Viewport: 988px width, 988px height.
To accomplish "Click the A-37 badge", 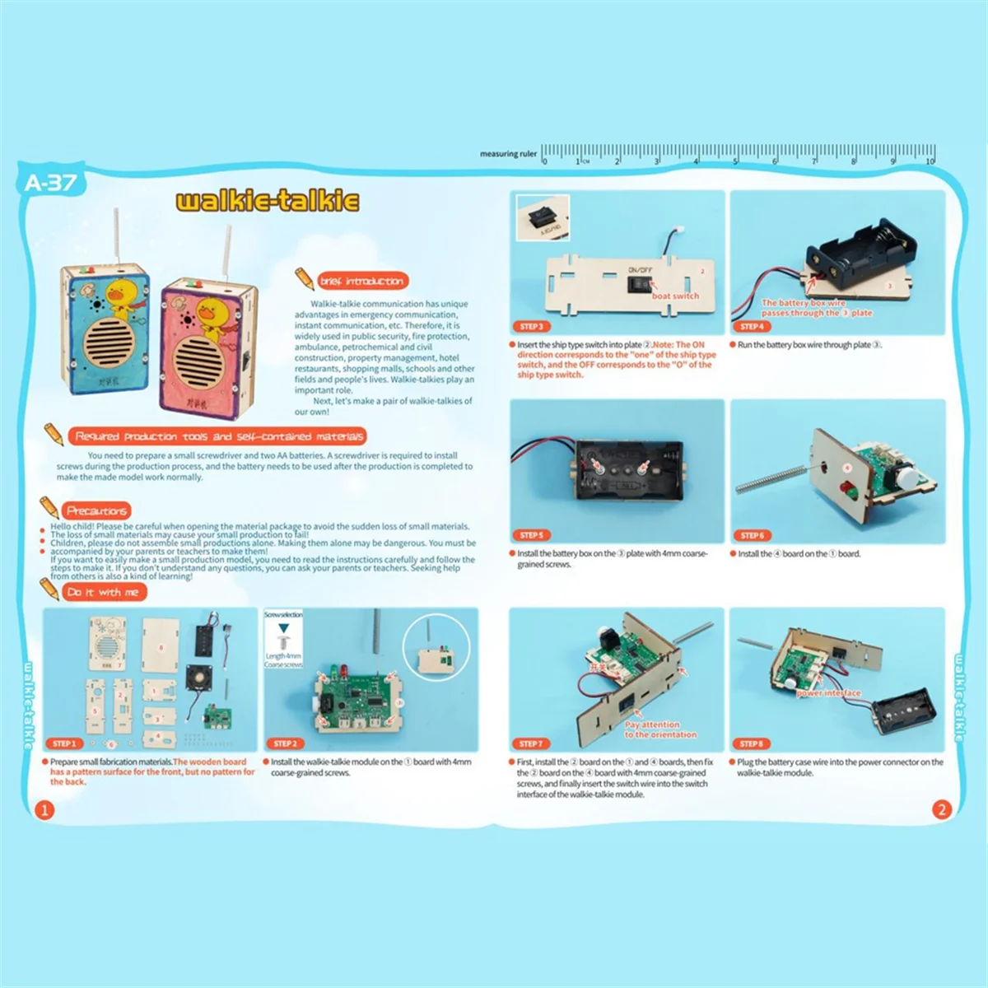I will click(x=50, y=183).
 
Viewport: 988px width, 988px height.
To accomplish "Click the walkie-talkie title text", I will click(x=268, y=201).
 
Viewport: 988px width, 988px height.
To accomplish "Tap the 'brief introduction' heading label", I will click(x=361, y=282).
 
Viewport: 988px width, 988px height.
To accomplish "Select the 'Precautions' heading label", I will click(x=96, y=510).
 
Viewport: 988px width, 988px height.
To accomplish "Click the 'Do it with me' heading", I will click(x=103, y=592).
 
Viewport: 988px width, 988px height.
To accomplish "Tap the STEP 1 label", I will click(x=63, y=743).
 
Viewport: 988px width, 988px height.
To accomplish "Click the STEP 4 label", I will click(x=752, y=327).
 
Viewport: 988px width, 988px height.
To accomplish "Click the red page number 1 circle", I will click(x=44, y=809).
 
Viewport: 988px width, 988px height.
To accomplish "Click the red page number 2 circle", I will click(x=942, y=809).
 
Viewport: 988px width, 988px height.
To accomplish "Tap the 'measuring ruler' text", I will click(x=508, y=154).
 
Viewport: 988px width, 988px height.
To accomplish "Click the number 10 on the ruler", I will click(x=930, y=161).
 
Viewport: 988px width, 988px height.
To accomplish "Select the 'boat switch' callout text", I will click(x=675, y=296).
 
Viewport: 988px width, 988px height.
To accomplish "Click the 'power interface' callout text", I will click(x=828, y=693).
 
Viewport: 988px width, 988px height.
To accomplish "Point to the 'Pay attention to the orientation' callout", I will click(x=659, y=729).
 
